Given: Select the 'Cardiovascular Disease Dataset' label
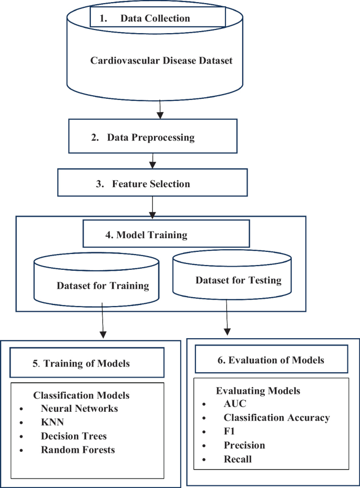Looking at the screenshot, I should (x=161, y=60).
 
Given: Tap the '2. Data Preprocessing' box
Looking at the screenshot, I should (x=150, y=138).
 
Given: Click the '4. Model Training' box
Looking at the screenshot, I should (x=166, y=234).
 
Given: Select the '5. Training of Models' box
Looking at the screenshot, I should (x=87, y=363).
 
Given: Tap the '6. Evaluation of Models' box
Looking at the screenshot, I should (x=271, y=360).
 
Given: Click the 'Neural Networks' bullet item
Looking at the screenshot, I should (x=79, y=408).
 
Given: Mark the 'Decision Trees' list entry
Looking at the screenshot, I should (x=74, y=436).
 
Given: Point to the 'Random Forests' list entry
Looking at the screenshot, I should (x=78, y=450).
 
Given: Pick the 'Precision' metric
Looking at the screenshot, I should (x=244, y=445).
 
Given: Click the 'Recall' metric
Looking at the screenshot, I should (x=238, y=459).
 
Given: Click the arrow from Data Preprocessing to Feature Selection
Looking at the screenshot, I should (x=152, y=160).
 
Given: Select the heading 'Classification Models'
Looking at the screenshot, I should (x=81, y=395).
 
